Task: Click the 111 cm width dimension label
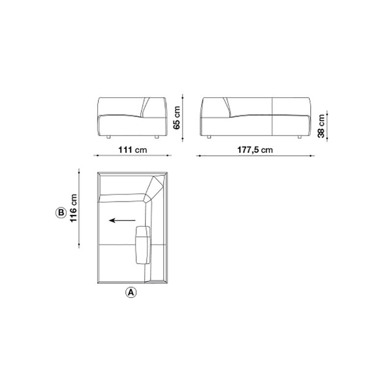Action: tap(132, 150)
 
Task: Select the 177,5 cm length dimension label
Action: tap(255, 150)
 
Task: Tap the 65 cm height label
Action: tap(177, 118)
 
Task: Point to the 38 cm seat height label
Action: tap(321, 126)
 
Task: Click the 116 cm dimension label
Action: tap(73, 208)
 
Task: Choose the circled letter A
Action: tap(131, 292)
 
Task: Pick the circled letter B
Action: tap(61, 213)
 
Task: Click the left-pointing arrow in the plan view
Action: tap(122, 220)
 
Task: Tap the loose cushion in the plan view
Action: tap(143, 245)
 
